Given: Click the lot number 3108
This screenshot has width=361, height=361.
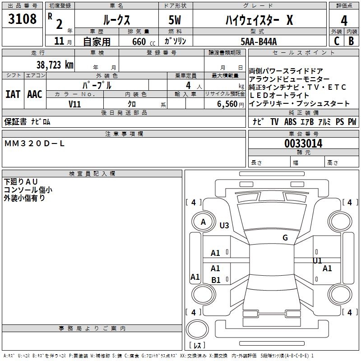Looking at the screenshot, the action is (x=23, y=19).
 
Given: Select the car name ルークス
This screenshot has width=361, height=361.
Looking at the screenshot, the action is (x=116, y=20).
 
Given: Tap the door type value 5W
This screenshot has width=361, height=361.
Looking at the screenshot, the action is (x=176, y=20).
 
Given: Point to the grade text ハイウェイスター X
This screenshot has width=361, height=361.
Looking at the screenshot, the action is (x=259, y=20).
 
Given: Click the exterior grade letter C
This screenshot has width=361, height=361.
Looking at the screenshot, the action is (x=336, y=41).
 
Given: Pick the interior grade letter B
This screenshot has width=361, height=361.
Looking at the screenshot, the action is (x=351, y=41).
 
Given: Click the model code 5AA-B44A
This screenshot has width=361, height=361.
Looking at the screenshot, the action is (x=259, y=42).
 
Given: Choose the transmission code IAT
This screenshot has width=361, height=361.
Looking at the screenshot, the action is (x=13, y=94).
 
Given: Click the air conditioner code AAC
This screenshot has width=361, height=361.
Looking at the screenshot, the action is (x=34, y=94).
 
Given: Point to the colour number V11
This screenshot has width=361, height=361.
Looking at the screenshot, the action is (x=74, y=104).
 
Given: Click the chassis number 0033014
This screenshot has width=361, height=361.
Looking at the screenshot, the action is (x=303, y=144).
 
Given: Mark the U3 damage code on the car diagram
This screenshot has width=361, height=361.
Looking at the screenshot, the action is (x=224, y=225).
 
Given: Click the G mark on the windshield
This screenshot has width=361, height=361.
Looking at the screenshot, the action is (x=285, y=238).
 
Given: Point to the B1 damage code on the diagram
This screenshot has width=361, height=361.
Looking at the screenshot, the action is (x=216, y=280).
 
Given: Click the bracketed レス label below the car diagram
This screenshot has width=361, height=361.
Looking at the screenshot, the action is (x=197, y=346).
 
